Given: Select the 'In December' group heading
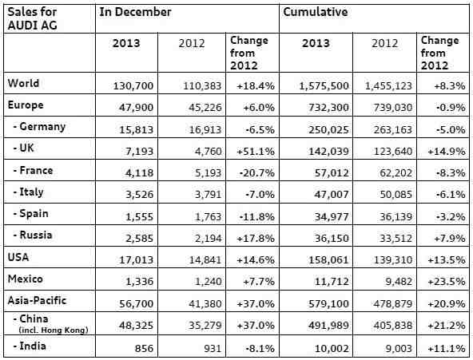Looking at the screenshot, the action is click(x=135, y=12).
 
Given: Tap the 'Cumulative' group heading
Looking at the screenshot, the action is click(x=316, y=12).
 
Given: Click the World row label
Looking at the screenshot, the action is click(x=23, y=83).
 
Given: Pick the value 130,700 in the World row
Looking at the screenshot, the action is click(x=133, y=86).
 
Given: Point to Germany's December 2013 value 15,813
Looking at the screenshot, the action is click(x=136, y=130).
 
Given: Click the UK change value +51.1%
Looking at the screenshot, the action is click(x=256, y=151).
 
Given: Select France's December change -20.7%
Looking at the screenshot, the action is click(x=257, y=173).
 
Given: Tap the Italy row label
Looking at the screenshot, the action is click(x=28, y=192).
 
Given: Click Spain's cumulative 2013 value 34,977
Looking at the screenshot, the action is click(x=332, y=216).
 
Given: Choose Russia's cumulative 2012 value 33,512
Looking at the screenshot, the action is click(x=395, y=239).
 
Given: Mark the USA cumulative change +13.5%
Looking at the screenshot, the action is click(x=447, y=259).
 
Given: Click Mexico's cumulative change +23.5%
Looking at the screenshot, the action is click(x=447, y=281).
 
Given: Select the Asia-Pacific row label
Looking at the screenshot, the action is click(x=37, y=300).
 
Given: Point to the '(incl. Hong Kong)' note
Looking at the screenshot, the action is click(x=54, y=330).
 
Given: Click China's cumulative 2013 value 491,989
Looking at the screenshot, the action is click(x=328, y=326).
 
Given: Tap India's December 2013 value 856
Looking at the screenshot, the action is click(x=144, y=349).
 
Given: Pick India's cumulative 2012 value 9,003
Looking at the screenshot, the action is click(x=399, y=349).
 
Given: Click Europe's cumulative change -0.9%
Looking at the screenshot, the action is click(x=451, y=108).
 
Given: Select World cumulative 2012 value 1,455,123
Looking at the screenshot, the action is click(x=388, y=86).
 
